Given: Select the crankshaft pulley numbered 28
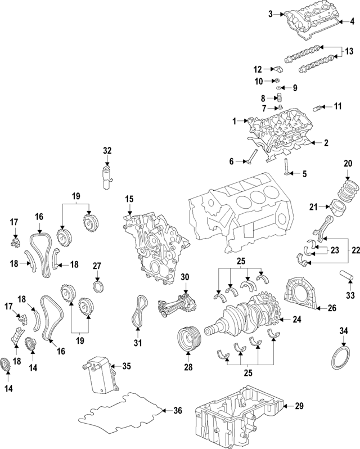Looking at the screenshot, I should [188, 340].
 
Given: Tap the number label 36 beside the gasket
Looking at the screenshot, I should [178, 411].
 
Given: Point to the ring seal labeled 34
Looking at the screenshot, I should [341, 357].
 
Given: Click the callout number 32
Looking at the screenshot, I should [107, 150].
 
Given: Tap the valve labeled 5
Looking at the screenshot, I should [287, 168].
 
